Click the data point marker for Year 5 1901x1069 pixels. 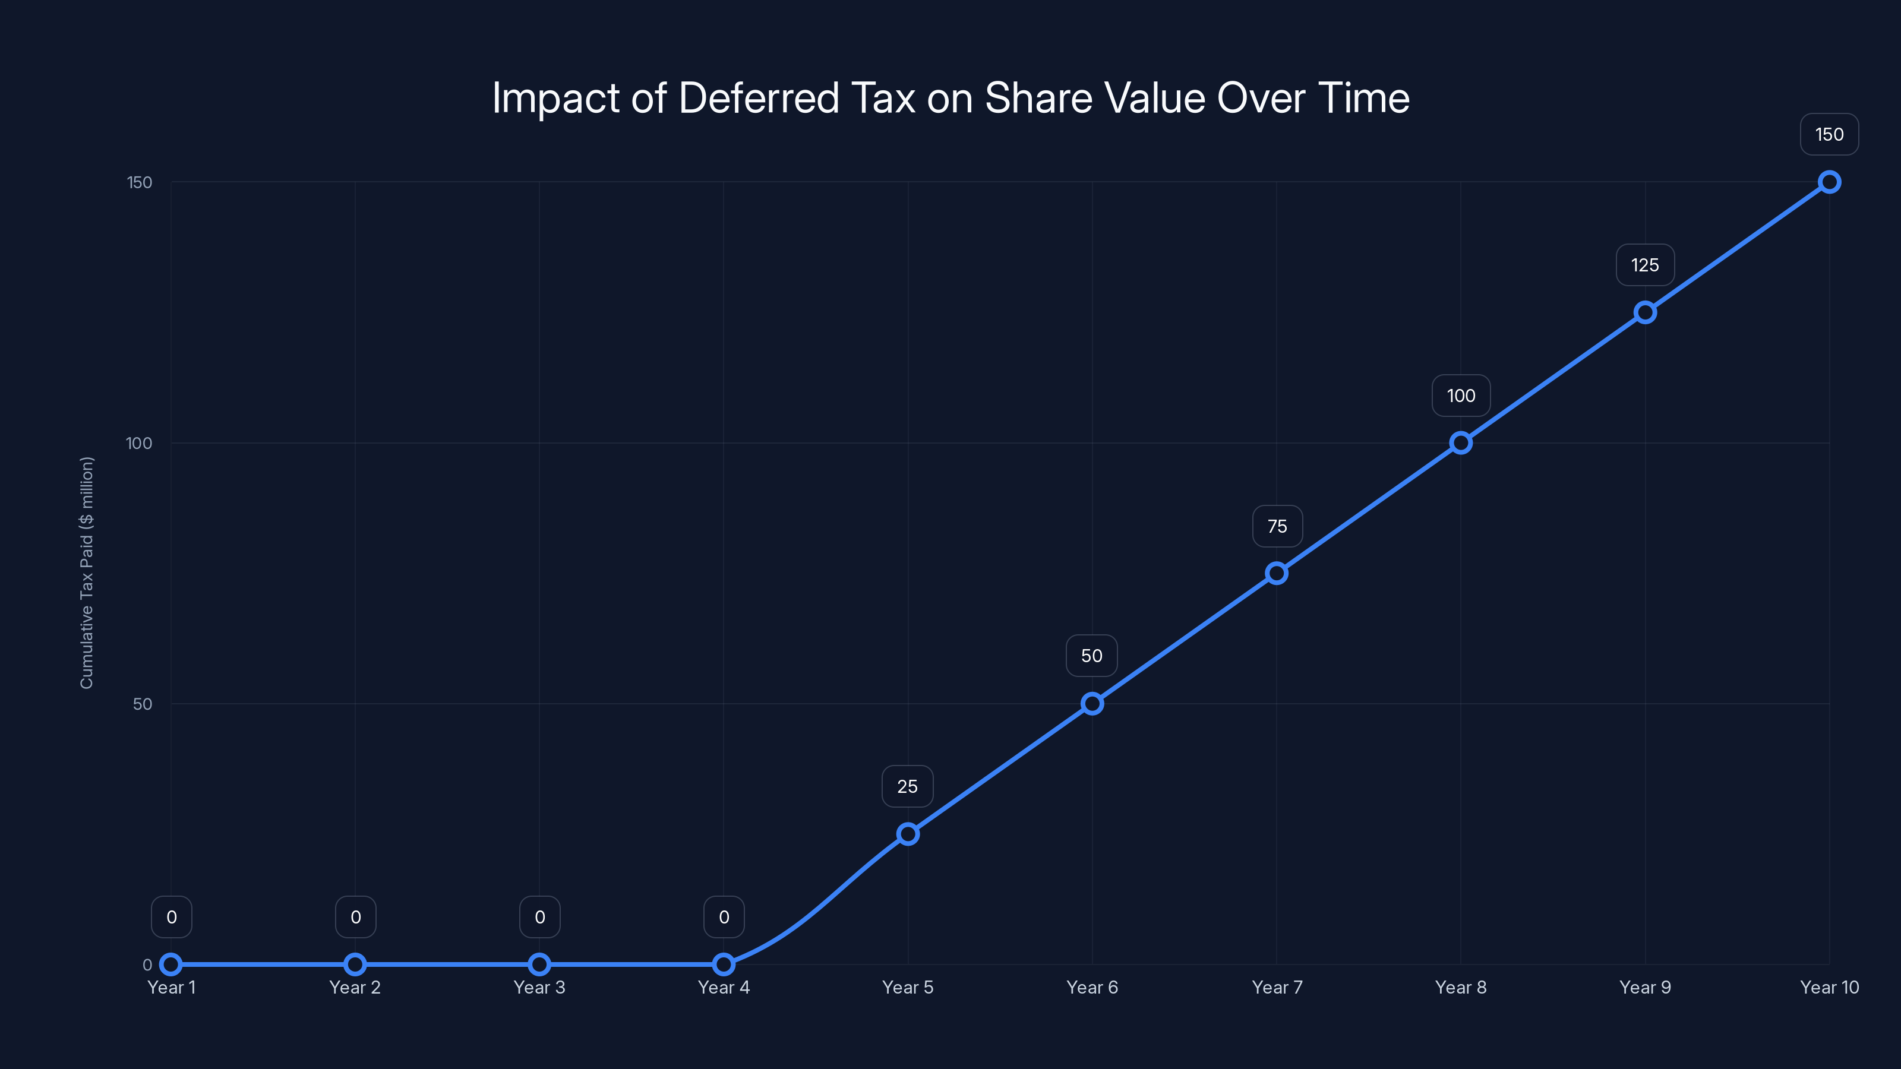(x=908, y=834)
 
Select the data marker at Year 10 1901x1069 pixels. (x=1829, y=182)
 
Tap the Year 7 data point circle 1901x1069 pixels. (x=1277, y=573)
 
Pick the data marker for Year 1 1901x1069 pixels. (x=171, y=964)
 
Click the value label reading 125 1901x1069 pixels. (x=1644, y=265)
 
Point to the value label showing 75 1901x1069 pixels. (x=1277, y=526)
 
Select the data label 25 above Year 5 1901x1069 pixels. (x=907, y=786)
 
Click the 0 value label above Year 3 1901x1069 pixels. (x=539, y=917)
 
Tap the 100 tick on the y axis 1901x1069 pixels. (x=139, y=444)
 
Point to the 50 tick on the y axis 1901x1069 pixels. (x=143, y=704)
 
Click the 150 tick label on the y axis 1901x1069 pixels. (x=140, y=182)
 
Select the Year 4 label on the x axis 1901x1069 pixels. (x=723, y=987)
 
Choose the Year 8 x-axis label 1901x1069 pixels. (x=1460, y=987)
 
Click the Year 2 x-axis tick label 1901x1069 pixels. (x=355, y=987)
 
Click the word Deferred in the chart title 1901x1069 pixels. (x=759, y=98)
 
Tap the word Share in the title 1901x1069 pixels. (x=1038, y=98)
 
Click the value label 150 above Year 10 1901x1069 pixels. (x=1829, y=134)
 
